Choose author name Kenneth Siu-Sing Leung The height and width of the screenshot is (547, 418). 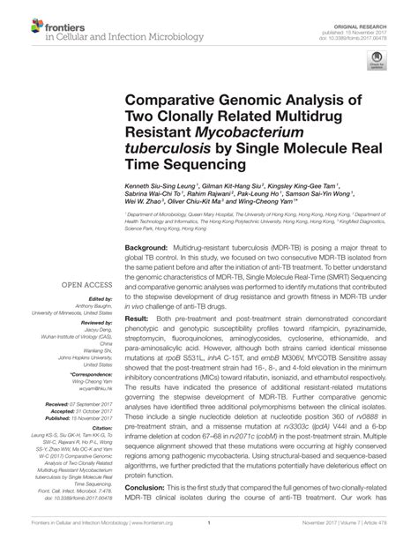point(161,187)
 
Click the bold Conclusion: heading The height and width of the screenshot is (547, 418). point(149,513)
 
